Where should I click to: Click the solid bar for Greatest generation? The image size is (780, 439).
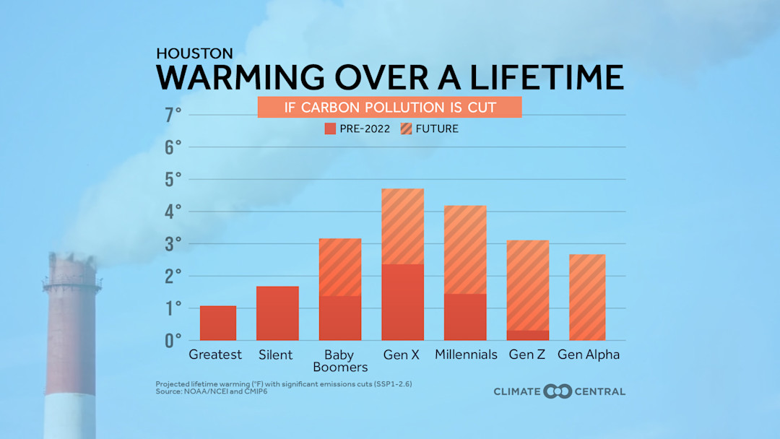coord(218,323)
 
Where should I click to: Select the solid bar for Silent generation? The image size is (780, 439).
coord(277,313)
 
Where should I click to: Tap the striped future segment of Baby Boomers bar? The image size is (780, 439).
coord(339,267)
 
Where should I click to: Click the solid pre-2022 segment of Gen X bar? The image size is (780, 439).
coord(402,302)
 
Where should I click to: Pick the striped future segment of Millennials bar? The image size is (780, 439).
coord(465,250)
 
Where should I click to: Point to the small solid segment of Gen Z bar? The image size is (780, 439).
coord(527,335)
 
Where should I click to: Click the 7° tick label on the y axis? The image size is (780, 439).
coord(173,116)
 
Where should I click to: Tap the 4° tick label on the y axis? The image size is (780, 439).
coord(173,212)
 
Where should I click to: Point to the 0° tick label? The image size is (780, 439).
coord(173,340)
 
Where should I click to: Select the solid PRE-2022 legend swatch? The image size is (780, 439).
coord(331,129)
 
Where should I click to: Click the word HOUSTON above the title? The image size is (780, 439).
coord(194,54)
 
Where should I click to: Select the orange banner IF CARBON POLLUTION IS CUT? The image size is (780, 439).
coord(389,108)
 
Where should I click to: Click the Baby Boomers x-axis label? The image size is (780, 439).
coord(339,360)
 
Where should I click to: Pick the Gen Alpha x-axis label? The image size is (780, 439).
coord(589,355)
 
